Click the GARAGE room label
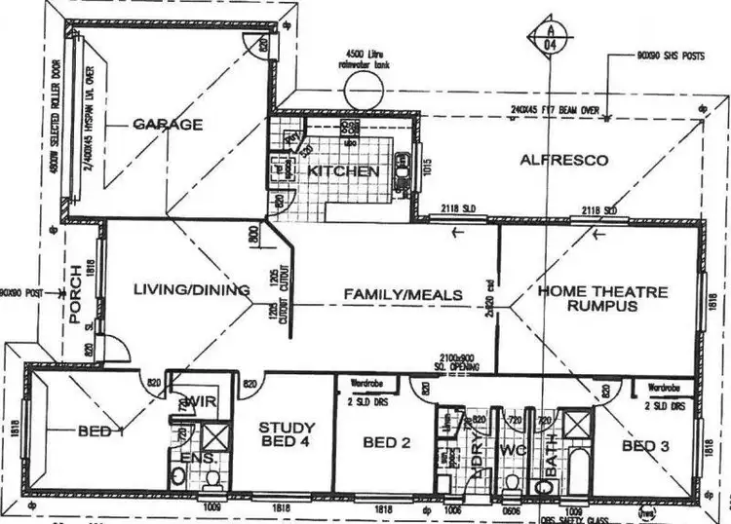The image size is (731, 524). [x=168, y=124]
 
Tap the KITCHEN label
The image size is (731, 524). [x=343, y=171]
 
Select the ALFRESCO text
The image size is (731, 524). [x=563, y=159]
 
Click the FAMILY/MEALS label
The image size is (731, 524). [x=402, y=294]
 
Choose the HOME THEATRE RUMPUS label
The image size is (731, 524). [x=602, y=298]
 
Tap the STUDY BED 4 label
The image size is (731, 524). [x=287, y=435]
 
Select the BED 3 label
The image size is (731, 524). [x=646, y=446]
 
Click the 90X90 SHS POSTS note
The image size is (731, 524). [x=672, y=57]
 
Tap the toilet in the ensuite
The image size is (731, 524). [x=177, y=475]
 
